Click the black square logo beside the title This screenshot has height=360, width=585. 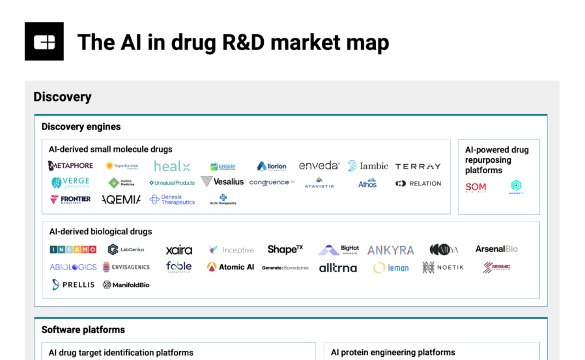click(44, 42)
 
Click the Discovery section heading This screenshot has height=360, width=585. click(63, 97)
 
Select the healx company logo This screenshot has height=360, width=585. click(172, 166)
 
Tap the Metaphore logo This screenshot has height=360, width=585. click(70, 165)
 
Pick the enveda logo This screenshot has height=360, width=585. click(319, 165)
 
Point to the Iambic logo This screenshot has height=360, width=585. click(368, 166)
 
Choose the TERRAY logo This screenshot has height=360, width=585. click(418, 167)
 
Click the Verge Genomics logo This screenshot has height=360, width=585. click(70, 183)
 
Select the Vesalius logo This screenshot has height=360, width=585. click(222, 182)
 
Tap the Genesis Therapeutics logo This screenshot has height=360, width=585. click(173, 200)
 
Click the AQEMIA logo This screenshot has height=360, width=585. click(121, 200)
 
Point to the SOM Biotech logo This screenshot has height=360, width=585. click(476, 187)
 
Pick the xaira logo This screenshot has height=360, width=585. click(179, 250)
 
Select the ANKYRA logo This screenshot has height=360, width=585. click(391, 250)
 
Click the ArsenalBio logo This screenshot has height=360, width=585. click(496, 249)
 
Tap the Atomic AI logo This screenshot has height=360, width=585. click(231, 267)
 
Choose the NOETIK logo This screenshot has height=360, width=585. click(443, 267)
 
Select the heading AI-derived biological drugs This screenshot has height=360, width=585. click(100, 231)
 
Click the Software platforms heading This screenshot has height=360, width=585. click(83, 329)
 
